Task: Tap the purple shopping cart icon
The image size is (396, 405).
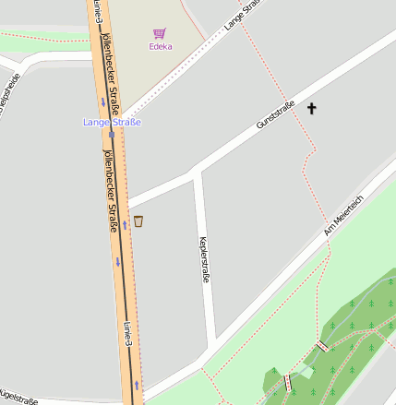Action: pos(160,32)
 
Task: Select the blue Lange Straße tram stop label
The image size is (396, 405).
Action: pos(112,122)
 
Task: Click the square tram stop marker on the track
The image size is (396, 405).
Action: pos(111,134)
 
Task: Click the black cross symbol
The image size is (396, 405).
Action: pos(311,109)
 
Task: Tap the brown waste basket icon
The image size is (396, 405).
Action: pos(138,220)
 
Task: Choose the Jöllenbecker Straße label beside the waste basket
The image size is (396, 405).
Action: pos(116,189)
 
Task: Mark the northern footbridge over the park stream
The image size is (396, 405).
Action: pos(322,346)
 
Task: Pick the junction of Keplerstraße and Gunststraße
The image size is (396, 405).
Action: pos(197,173)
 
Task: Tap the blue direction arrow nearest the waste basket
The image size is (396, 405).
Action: pos(125,224)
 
